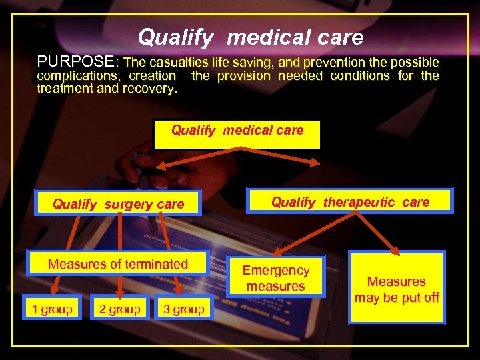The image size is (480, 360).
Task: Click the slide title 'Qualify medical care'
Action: [251, 37]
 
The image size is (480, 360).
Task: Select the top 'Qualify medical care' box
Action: [237, 134]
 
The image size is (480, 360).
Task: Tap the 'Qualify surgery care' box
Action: [118, 204]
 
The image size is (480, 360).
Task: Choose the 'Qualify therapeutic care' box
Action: [350, 201]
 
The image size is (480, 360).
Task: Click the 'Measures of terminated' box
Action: [118, 264]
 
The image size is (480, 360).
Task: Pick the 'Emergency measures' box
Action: [275, 278]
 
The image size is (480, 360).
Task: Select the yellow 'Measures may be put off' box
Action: [397, 289]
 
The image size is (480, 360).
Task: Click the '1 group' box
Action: [52, 309]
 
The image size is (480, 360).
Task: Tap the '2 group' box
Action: [119, 309]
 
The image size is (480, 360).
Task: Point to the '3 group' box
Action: [183, 309]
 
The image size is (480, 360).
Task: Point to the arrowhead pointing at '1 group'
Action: [53, 291]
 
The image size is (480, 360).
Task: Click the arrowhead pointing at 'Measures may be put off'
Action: [394, 251]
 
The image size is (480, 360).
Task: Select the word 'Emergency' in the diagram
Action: [275, 270]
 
